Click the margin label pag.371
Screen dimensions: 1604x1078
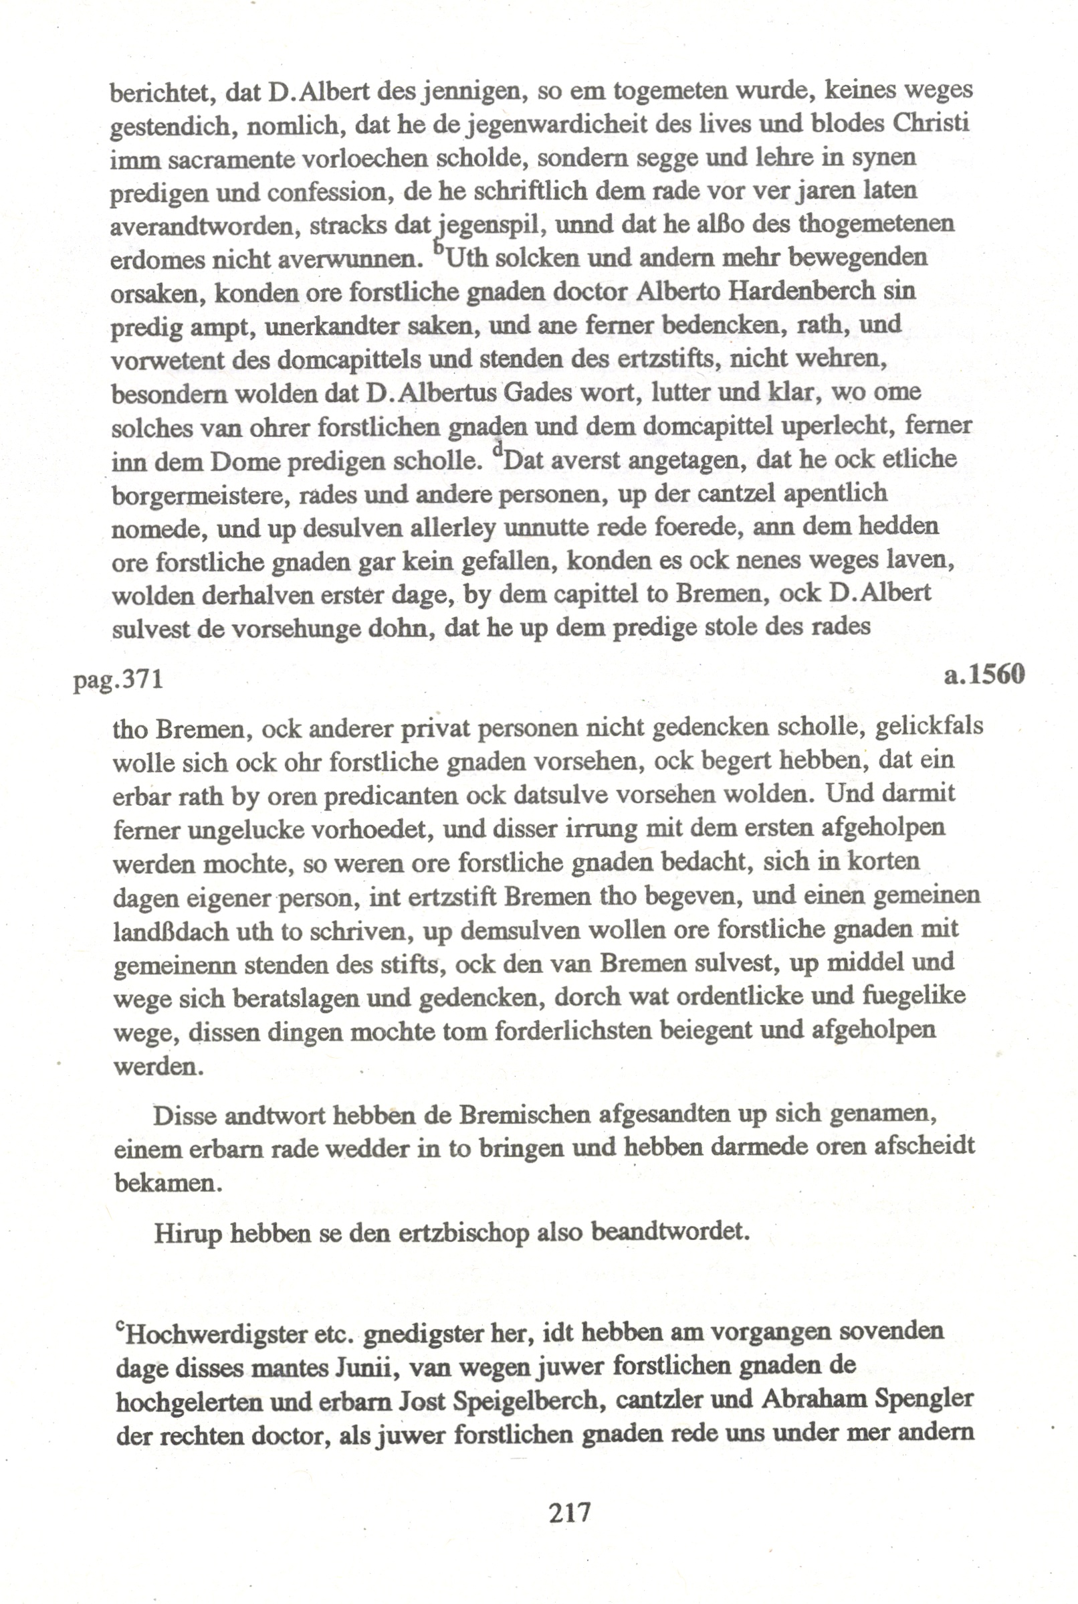click(118, 680)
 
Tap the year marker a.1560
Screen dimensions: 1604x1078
click(984, 675)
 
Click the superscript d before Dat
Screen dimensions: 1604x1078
click(497, 448)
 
